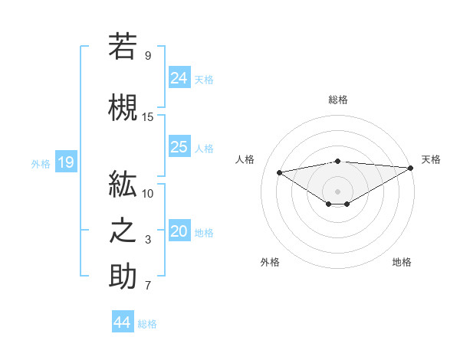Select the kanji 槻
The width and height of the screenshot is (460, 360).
(x=123, y=106)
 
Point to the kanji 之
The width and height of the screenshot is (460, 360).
(x=123, y=229)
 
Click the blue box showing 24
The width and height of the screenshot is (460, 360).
(x=179, y=78)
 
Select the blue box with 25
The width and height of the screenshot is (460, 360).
(x=179, y=147)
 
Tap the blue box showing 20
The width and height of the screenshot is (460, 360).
(x=179, y=232)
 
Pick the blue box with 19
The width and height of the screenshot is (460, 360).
(x=65, y=162)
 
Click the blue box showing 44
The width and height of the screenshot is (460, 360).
(x=122, y=322)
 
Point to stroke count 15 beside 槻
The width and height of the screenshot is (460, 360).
(x=148, y=116)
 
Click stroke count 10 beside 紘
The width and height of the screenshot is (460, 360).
(x=148, y=193)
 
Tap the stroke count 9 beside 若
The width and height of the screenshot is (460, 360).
(x=148, y=55)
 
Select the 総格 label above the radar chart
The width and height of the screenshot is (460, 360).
(x=337, y=100)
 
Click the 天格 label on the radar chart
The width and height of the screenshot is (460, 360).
(x=431, y=159)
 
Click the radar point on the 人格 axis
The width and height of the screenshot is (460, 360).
(x=279, y=172)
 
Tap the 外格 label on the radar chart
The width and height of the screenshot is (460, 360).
(x=270, y=263)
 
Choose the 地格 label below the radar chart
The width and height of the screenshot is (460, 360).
(x=402, y=263)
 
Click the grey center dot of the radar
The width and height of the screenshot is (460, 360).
(x=337, y=191)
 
